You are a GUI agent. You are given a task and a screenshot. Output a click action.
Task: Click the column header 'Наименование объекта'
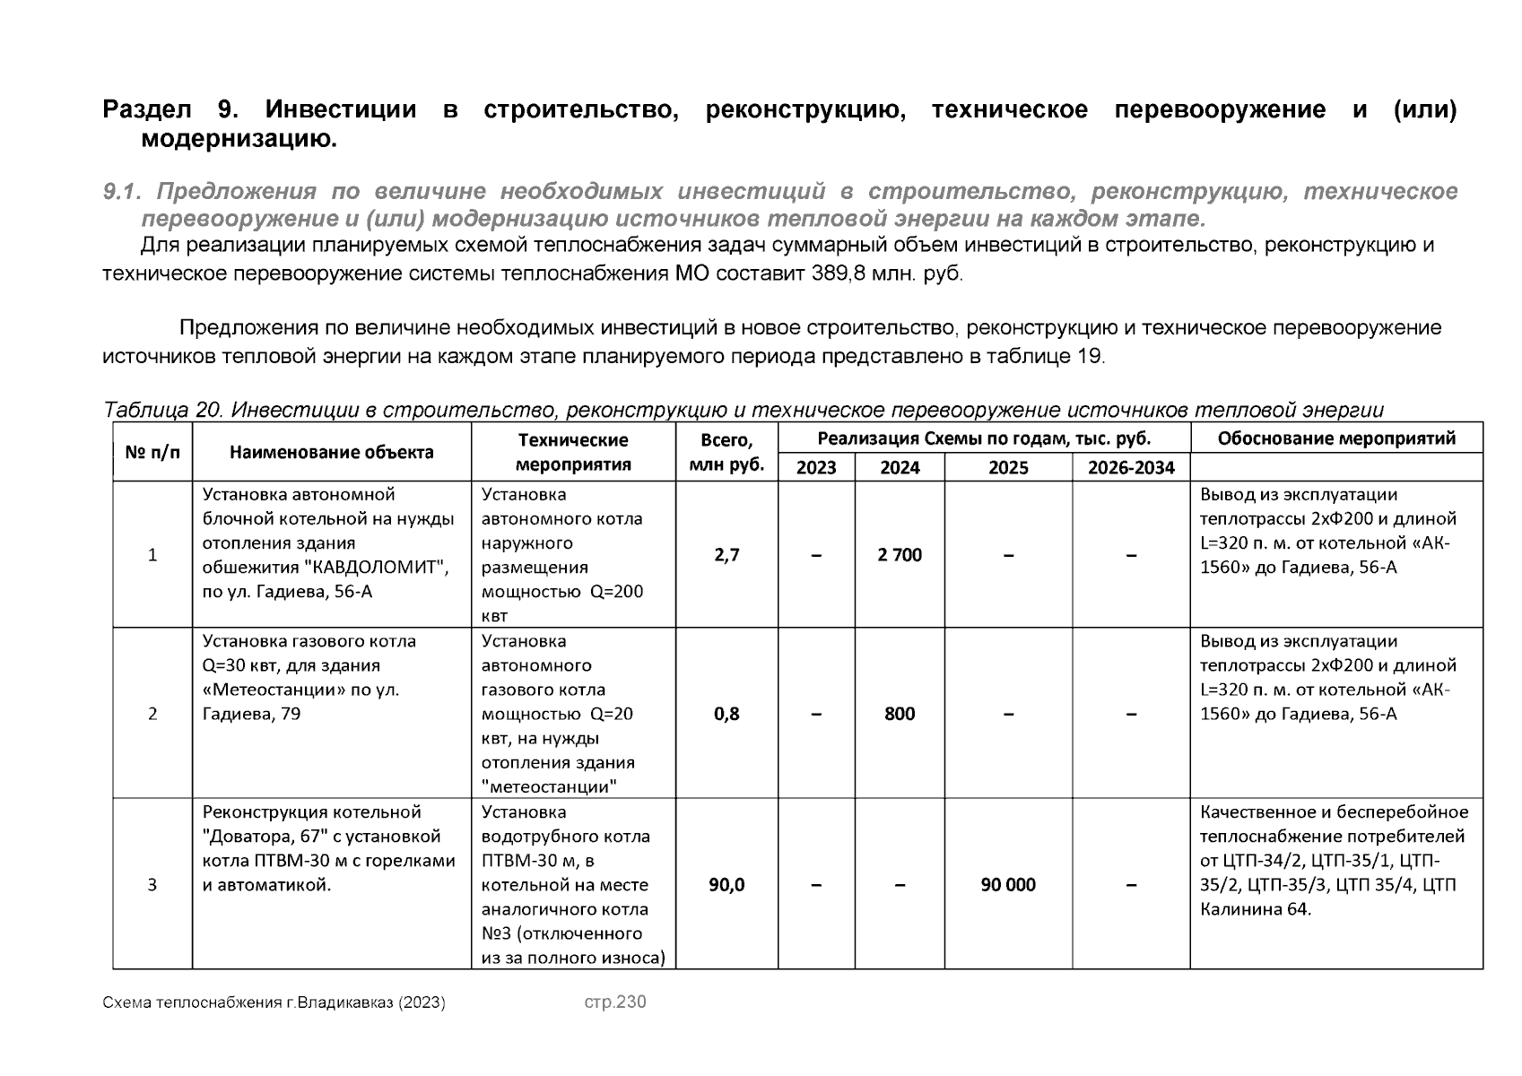tap(331, 453)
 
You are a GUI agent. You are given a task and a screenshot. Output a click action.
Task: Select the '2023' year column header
tap(815, 467)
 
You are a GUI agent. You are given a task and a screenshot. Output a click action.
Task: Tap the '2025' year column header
tap(1008, 467)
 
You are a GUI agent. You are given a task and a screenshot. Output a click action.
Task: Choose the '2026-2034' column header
tap(1131, 467)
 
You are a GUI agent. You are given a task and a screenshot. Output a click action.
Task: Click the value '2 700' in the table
tap(900, 555)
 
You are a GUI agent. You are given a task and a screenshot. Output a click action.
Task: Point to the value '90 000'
tap(1008, 885)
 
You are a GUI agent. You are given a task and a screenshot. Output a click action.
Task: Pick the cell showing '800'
tap(900, 714)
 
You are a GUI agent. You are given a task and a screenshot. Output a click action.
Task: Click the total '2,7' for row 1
tap(726, 555)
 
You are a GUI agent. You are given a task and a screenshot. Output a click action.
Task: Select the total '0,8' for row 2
tap(726, 714)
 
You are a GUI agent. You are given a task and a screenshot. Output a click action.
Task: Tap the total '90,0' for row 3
tap(726, 885)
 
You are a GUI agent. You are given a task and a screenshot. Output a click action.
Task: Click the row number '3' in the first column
tap(152, 885)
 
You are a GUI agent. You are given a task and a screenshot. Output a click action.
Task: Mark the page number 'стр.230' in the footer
tap(614, 1002)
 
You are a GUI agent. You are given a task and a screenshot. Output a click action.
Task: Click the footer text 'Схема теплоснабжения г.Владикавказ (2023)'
tap(274, 1002)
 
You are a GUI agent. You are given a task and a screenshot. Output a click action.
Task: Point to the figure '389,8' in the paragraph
tap(838, 273)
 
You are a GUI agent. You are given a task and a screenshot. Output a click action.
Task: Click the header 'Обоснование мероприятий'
tap(1335, 438)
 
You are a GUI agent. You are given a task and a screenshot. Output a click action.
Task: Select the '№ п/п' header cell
tap(152, 453)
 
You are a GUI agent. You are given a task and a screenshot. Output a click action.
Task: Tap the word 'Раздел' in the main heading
tap(147, 110)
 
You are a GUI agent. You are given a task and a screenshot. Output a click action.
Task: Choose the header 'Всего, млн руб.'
tap(726, 453)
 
